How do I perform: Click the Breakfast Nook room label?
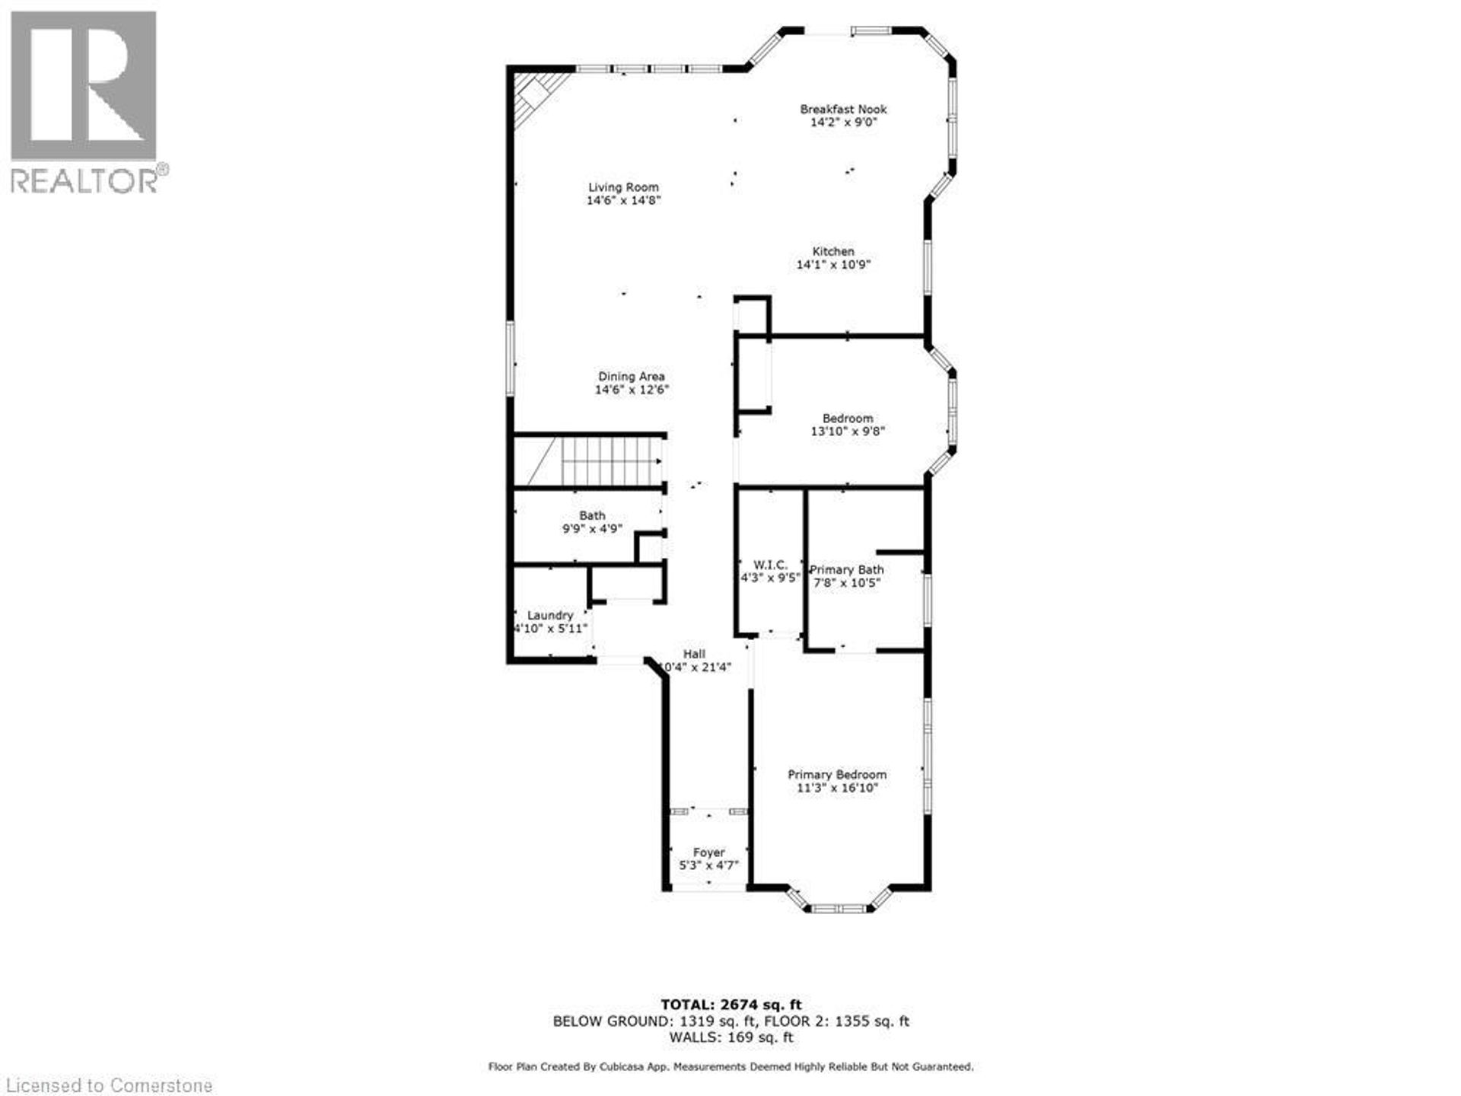pyautogui.click(x=843, y=110)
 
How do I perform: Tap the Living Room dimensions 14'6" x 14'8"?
pyautogui.click(x=623, y=200)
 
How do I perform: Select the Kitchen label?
pyautogui.click(x=833, y=251)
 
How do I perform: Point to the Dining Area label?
pyautogui.click(x=631, y=376)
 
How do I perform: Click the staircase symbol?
pyautogui.click(x=601, y=461)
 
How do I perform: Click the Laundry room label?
pyautogui.click(x=550, y=615)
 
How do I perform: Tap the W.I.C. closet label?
pyautogui.click(x=770, y=565)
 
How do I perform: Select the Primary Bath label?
pyautogui.click(x=846, y=569)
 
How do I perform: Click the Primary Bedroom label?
pyautogui.click(x=837, y=774)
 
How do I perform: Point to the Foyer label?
pyautogui.click(x=708, y=852)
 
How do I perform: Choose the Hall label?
pyautogui.click(x=694, y=654)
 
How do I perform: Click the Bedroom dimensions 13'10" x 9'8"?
pyautogui.click(x=848, y=432)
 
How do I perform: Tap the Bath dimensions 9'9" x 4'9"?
pyautogui.click(x=592, y=529)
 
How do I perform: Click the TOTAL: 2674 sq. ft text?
pyautogui.click(x=730, y=1005)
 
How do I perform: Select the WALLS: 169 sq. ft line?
pyautogui.click(x=730, y=1037)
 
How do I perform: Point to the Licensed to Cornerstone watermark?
pyautogui.click(x=107, y=1085)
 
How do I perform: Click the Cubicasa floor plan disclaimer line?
pyautogui.click(x=730, y=1067)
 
